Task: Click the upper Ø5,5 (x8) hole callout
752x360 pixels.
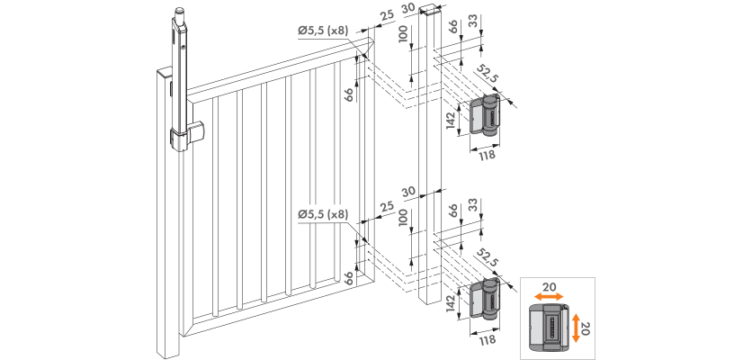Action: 323,31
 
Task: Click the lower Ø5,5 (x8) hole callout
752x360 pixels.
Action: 323,214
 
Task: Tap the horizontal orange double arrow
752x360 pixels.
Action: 549,297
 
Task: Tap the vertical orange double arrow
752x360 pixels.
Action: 576,325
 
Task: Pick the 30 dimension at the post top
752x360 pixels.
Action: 408,9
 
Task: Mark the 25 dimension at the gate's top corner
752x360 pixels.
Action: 387,15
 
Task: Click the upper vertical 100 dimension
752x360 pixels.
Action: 403,34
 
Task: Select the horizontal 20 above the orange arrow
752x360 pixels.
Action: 550,286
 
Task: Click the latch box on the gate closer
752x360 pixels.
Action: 196,132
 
